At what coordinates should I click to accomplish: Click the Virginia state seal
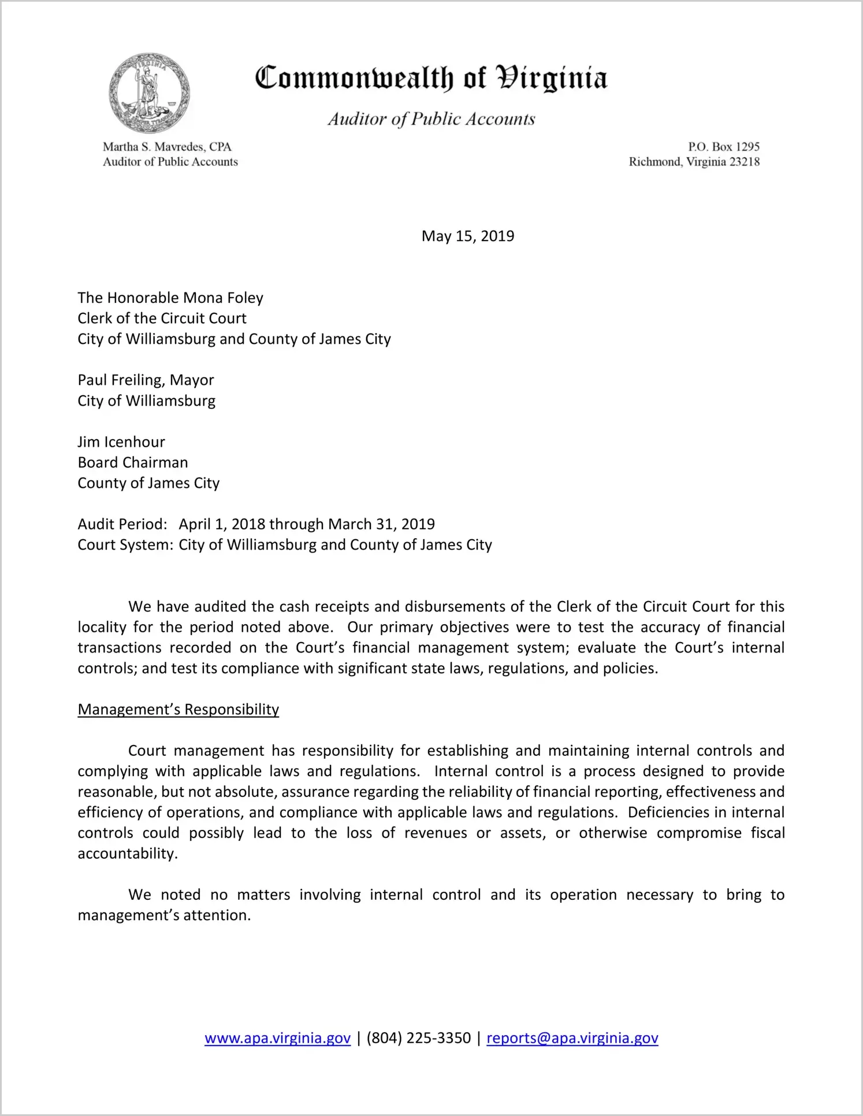[x=149, y=93]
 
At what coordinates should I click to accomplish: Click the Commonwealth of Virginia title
[x=431, y=78]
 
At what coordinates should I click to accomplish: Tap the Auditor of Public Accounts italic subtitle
[x=431, y=119]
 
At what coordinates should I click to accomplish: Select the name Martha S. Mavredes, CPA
[x=167, y=147]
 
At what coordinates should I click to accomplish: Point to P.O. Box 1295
[x=723, y=147]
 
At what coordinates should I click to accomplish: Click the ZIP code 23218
[x=745, y=162]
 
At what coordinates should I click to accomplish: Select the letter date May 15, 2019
[x=467, y=236]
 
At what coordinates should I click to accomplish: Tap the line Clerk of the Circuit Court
[x=162, y=318]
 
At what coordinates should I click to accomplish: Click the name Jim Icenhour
[x=121, y=442]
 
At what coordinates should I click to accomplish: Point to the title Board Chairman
[x=133, y=462]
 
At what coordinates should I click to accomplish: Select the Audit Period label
[x=122, y=524]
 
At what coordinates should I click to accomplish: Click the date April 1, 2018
[x=222, y=524]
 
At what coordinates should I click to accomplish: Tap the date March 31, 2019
[x=381, y=524]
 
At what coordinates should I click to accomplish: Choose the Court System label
[x=125, y=545]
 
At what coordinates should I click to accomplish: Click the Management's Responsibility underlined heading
[x=178, y=709]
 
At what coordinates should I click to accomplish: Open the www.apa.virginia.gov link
[x=277, y=1038]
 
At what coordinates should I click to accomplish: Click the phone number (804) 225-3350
[x=419, y=1038]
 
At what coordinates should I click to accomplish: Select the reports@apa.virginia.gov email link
[x=572, y=1038]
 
